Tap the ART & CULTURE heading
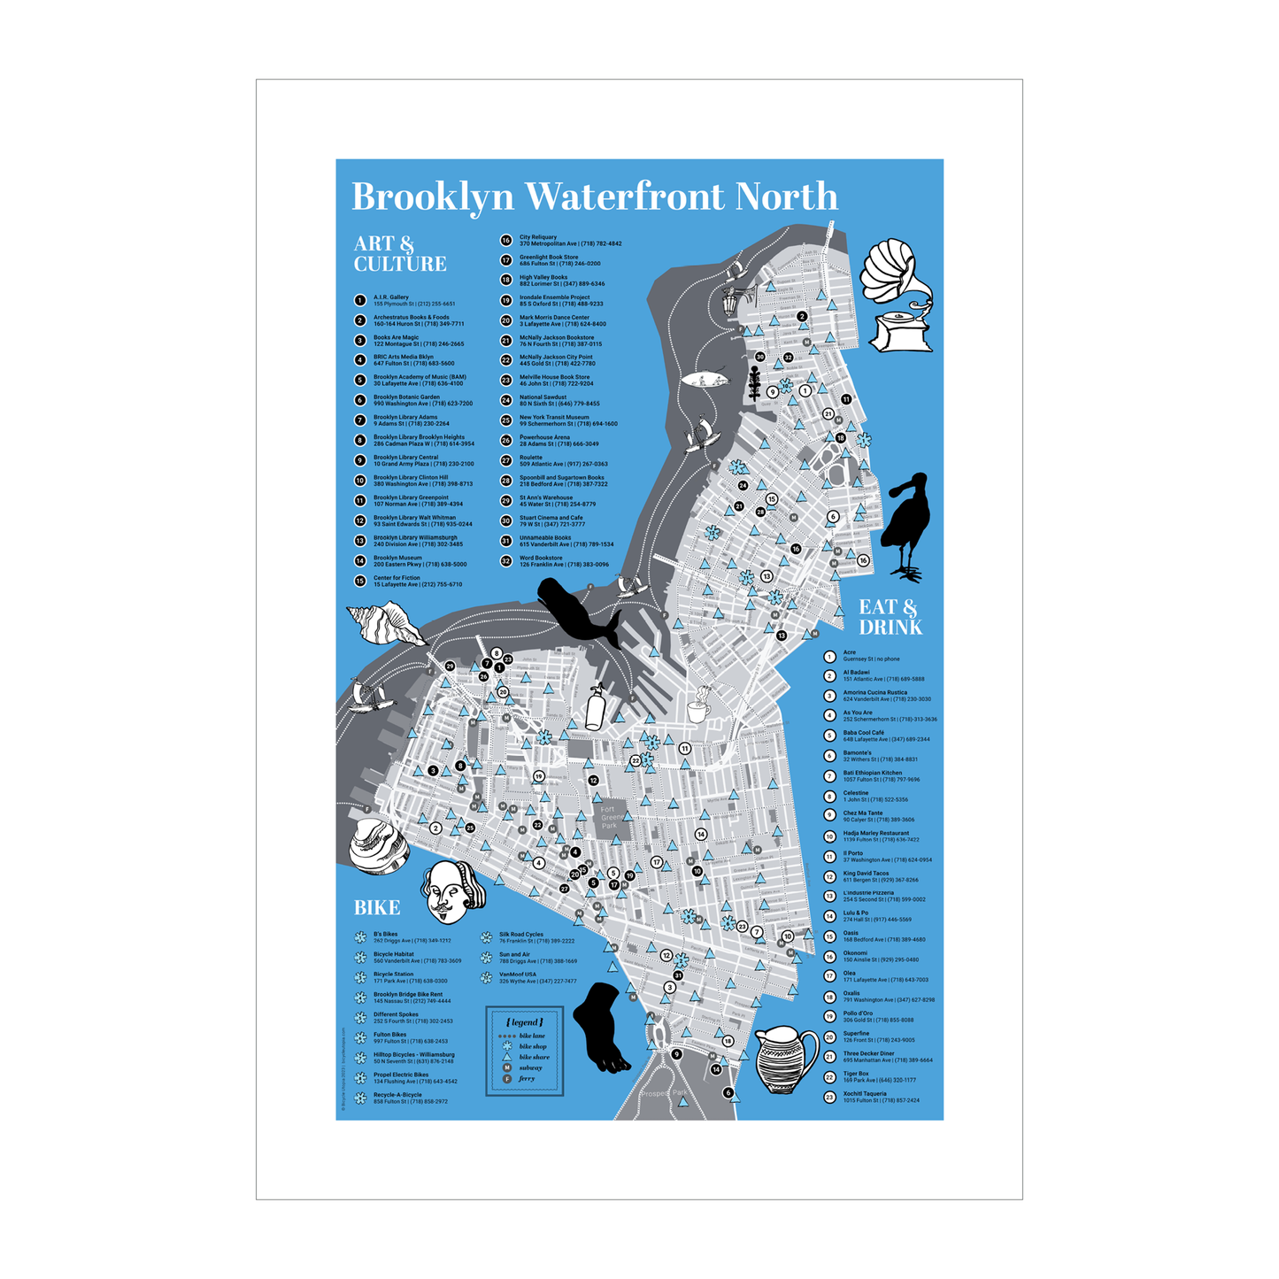point(400,254)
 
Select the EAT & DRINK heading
point(890,617)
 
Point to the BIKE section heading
point(377,907)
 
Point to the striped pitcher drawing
point(788,1059)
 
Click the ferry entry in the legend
point(527,1079)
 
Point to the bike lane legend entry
point(531,1036)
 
